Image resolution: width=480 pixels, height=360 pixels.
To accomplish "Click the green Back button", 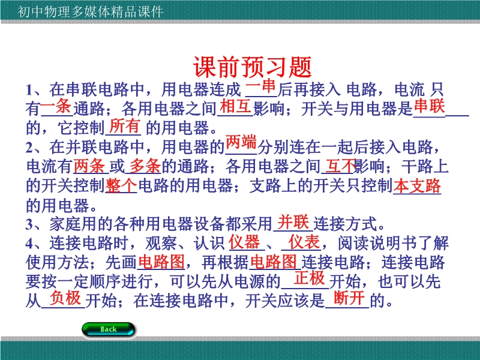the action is point(109,329).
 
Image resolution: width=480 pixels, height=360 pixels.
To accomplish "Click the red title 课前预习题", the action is point(252,67).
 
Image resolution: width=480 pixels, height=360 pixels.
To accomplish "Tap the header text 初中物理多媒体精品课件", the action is point(91,12).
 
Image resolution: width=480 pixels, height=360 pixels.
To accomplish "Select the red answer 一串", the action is point(260,86).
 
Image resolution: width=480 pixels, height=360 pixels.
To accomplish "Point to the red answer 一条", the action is point(56,107).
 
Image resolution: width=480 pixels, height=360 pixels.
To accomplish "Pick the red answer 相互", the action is point(235,106).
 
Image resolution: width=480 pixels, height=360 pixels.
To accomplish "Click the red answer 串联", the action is point(429,106).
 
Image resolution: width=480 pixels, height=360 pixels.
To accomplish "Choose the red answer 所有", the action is point(125,126).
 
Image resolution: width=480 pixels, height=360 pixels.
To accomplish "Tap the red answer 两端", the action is point(241,142).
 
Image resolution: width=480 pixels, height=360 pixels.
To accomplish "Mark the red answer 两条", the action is point(89,166).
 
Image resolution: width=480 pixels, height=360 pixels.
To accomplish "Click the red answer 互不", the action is point(341,166).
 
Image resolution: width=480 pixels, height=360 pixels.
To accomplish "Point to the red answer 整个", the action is point(121,185).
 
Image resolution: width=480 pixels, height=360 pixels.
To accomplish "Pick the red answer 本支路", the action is point(417,186).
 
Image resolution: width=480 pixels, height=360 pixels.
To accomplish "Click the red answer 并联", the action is point(293,221).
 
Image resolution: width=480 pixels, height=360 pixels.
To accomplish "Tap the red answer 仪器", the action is point(244,242).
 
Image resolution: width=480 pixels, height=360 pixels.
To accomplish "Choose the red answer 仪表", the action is point(304,242).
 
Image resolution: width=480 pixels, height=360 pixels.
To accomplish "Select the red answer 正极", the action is point(309,278).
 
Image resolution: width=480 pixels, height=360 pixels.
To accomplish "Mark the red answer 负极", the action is point(65,298).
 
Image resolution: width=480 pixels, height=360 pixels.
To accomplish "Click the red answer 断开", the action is point(349,298).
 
